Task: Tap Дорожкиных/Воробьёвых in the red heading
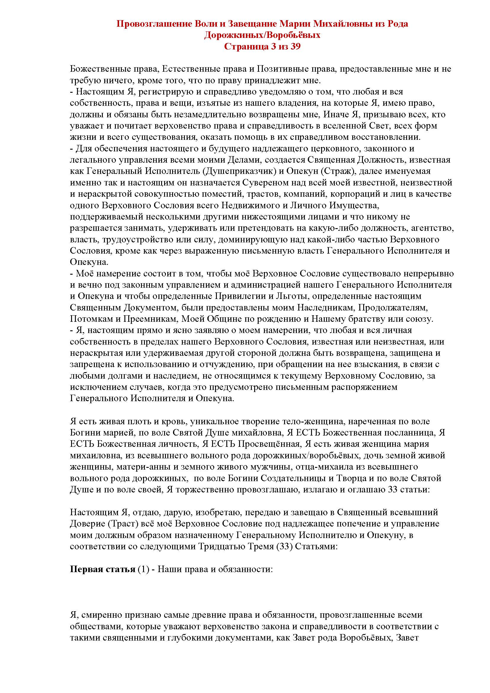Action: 262,35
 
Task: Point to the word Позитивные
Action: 282,69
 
